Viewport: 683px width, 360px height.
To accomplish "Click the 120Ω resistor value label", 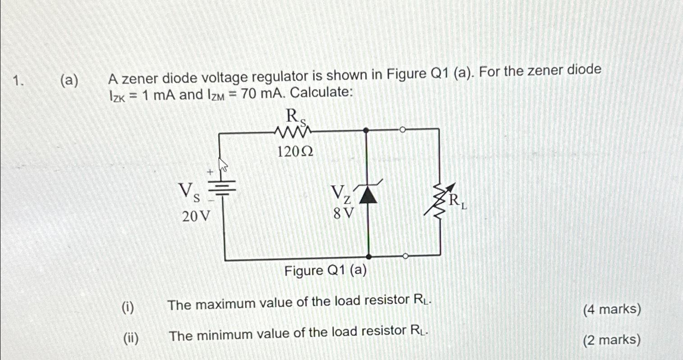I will coord(294,152).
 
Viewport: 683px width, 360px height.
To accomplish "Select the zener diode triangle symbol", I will coord(368,194).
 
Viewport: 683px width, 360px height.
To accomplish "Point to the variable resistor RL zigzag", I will coord(439,201).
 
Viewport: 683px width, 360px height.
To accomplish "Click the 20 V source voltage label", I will coord(196,217).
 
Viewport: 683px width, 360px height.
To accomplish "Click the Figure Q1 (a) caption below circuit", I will coord(325,271).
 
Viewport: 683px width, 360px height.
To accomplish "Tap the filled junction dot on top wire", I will coord(366,130).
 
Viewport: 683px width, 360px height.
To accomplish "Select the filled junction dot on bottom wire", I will coord(368,256).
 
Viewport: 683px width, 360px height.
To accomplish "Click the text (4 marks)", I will coord(611,310).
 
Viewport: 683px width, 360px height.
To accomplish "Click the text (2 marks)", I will coord(611,340).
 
